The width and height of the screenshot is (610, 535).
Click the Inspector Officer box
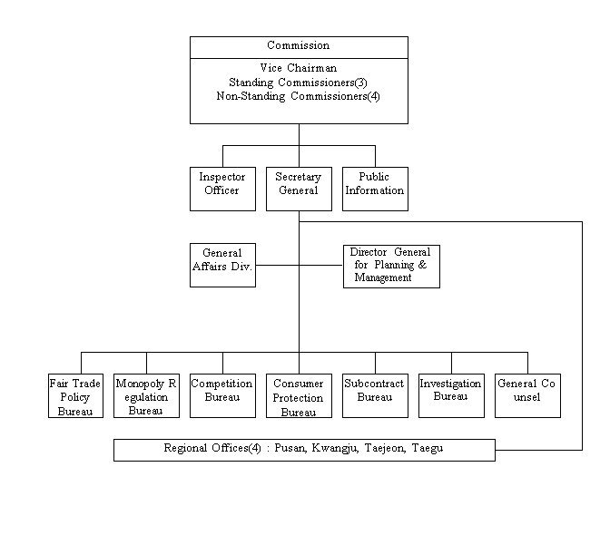[222, 189]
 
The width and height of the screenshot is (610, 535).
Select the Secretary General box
[299, 189]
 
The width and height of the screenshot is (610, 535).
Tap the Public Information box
[375, 189]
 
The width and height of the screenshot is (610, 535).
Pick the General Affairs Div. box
[222, 265]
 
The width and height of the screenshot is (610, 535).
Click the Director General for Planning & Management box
[391, 266]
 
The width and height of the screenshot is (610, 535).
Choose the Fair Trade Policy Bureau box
[75, 395]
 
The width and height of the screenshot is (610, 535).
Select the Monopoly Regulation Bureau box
[146, 395]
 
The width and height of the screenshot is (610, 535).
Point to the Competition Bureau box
[222, 395]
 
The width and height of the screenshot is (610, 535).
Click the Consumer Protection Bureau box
[299, 395]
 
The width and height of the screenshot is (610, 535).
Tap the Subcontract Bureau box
[375, 395]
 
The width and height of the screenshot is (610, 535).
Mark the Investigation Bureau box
[451, 395]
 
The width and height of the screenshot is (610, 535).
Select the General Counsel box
[527, 395]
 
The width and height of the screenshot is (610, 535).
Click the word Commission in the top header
[298, 45]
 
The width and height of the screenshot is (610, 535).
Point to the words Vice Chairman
[298, 69]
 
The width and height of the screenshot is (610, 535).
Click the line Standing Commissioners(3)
[298, 83]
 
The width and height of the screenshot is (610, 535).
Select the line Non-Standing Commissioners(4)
[298, 95]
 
